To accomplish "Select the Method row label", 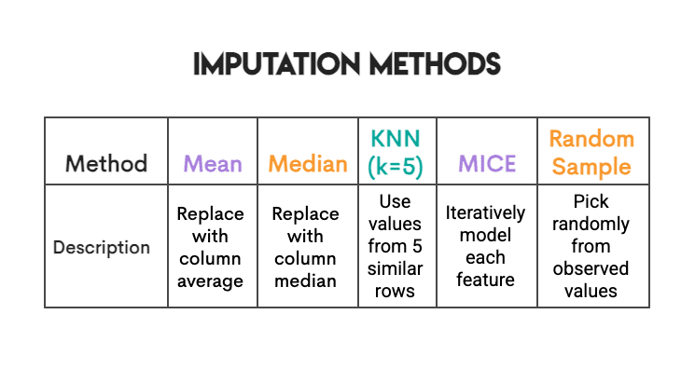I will coord(106,164).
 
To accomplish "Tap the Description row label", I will coord(102,248).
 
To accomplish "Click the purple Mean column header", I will coord(213,164).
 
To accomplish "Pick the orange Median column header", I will coord(308,164).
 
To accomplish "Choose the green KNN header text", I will coord(396,140).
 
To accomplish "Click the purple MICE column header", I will coord(486,164).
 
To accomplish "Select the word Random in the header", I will coord(591,140).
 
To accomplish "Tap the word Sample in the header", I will coord(591,168).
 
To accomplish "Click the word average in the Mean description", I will coord(211,280).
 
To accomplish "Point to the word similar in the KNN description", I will coord(396,269).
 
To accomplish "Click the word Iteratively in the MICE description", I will coord(485,213).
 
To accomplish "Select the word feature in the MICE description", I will coord(485,280).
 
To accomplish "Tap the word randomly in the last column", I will coord(591,225).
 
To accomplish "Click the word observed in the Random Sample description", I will coord(591,268).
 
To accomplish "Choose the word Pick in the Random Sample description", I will coord(591,202).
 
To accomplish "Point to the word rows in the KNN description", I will coord(396,291).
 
